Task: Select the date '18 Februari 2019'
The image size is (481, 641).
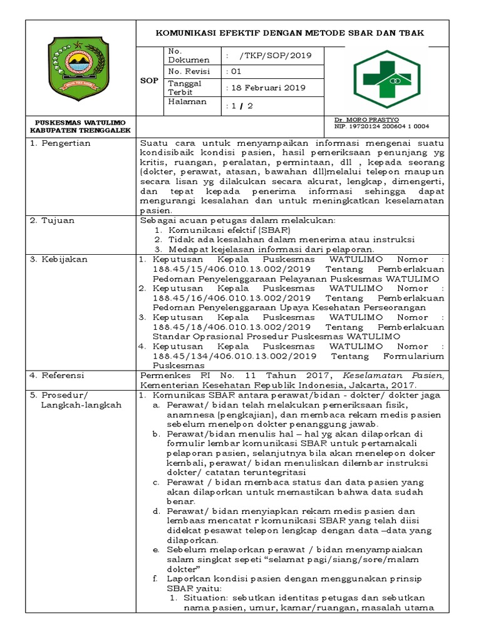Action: pos(267,88)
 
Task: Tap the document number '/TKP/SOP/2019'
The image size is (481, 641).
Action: pos(271,55)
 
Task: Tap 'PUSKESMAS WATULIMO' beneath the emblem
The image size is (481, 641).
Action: pos(80,121)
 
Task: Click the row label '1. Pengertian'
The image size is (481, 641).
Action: pos(61,143)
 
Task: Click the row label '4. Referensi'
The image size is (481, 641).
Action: pos(60,376)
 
